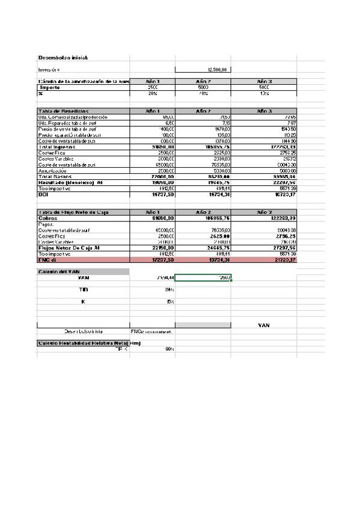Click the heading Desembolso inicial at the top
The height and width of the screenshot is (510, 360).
coord(63,58)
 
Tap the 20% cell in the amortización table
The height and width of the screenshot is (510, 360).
coord(153,93)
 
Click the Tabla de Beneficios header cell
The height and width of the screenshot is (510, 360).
coord(64,111)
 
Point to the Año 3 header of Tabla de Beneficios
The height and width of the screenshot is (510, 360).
coord(264,111)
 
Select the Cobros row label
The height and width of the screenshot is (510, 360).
coord(49,218)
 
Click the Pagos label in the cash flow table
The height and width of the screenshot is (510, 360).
coord(46,224)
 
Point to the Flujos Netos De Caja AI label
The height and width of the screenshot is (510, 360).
coord(69,247)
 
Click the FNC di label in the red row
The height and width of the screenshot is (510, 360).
coord(47,259)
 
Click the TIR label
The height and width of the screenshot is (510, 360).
coord(83,289)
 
